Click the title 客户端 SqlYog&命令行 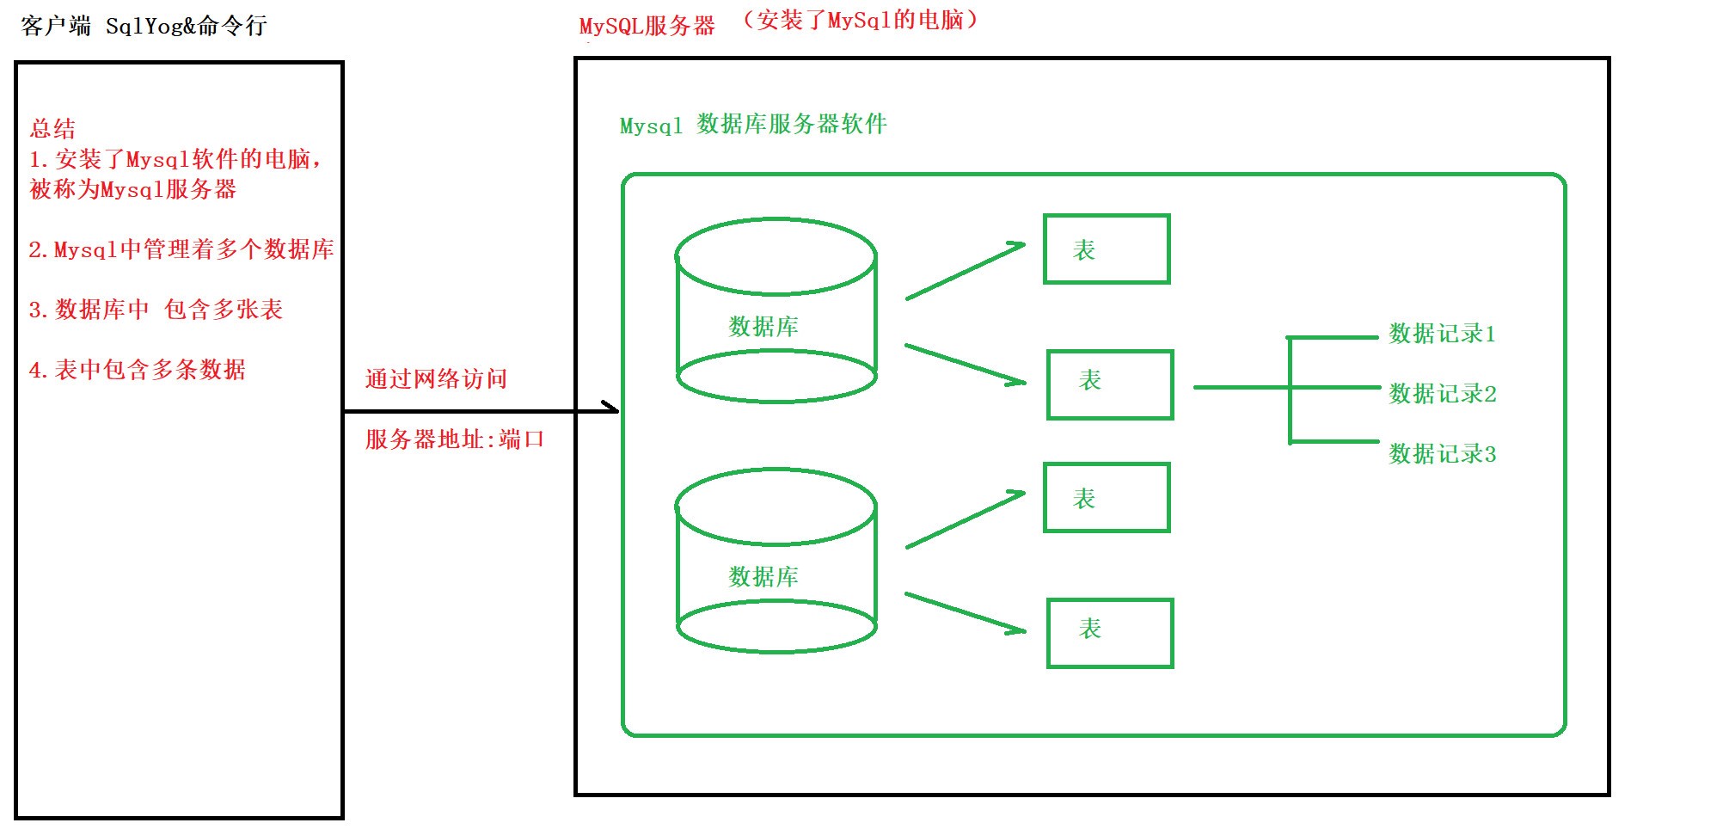tap(144, 26)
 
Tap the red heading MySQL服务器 tap(647, 27)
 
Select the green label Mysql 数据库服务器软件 tap(753, 125)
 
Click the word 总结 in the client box tap(52, 129)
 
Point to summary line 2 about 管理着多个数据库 tap(181, 249)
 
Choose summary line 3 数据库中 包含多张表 tap(156, 310)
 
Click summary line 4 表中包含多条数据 tap(138, 370)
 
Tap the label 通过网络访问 tap(436, 379)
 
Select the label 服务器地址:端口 tap(455, 439)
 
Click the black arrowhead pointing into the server tap(612, 408)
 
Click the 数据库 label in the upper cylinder tap(763, 327)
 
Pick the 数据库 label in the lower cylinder tap(763, 577)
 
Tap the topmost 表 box tap(1107, 249)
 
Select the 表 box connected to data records tap(1110, 384)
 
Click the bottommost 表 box tap(1110, 633)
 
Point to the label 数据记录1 tap(1443, 334)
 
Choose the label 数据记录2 tap(1443, 394)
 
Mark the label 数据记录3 tap(1443, 454)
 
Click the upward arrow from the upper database tap(966, 271)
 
